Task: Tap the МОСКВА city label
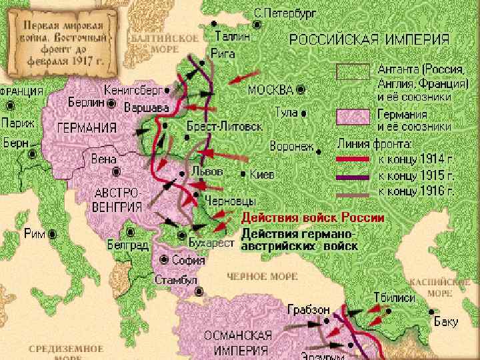pyautogui.click(x=270, y=89)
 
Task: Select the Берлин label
pyautogui.click(x=86, y=103)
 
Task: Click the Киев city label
pyautogui.click(x=262, y=175)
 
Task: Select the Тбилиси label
pyautogui.click(x=394, y=297)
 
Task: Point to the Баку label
pyautogui.click(x=446, y=322)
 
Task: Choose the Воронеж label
pyautogui.click(x=292, y=145)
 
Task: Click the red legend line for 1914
pyautogui.click(x=353, y=159)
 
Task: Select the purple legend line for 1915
pyautogui.click(x=353, y=177)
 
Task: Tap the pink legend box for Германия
pyautogui.click(x=353, y=117)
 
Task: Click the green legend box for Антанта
pyautogui.click(x=353, y=72)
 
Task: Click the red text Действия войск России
pyautogui.click(x=312, y=218)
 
